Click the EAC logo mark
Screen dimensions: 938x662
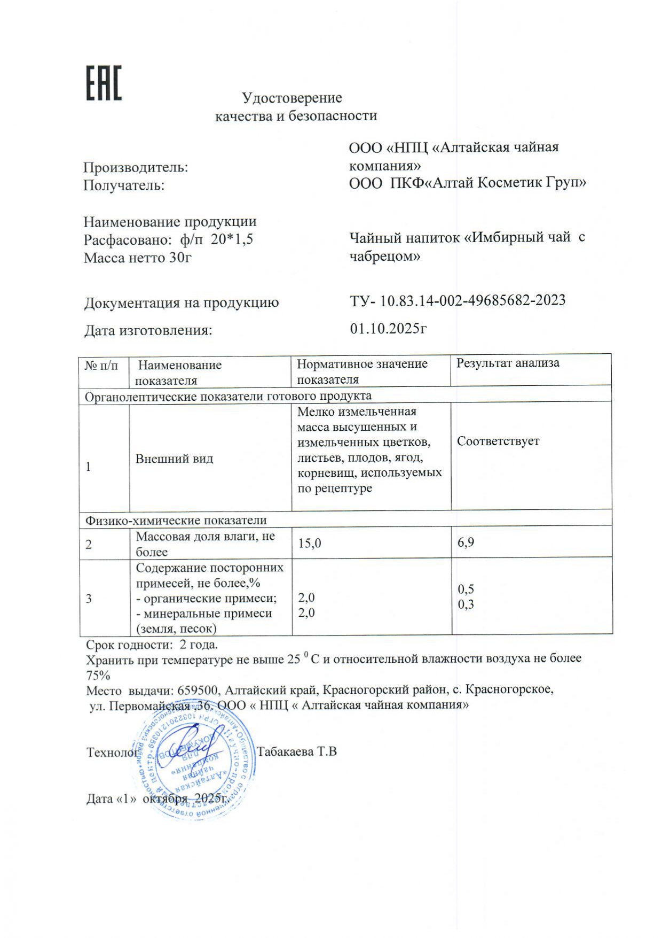[104, 83]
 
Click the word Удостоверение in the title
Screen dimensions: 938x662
[291, 98]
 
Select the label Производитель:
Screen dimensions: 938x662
[136, 167]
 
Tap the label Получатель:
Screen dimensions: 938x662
[124, 185]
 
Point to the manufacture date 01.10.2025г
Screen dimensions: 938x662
[388, 328]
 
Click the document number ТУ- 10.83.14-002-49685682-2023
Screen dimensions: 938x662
[458, 300]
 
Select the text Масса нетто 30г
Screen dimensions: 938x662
[137, 258]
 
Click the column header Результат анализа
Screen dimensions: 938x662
[508, 363]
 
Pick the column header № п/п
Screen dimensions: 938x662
[101, 366]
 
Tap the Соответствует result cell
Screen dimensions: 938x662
[498, 441]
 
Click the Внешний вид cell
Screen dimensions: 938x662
[174, 459]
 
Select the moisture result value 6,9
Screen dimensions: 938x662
[466, 542]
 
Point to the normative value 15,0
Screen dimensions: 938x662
[310, 544]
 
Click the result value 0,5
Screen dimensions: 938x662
[466, 589]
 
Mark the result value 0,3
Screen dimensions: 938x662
[466, 604]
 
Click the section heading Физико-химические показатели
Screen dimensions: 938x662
[176, 520]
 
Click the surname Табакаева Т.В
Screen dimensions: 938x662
[297, 751]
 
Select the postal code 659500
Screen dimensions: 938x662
[198, 689]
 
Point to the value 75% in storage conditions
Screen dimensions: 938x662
[98, 675]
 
